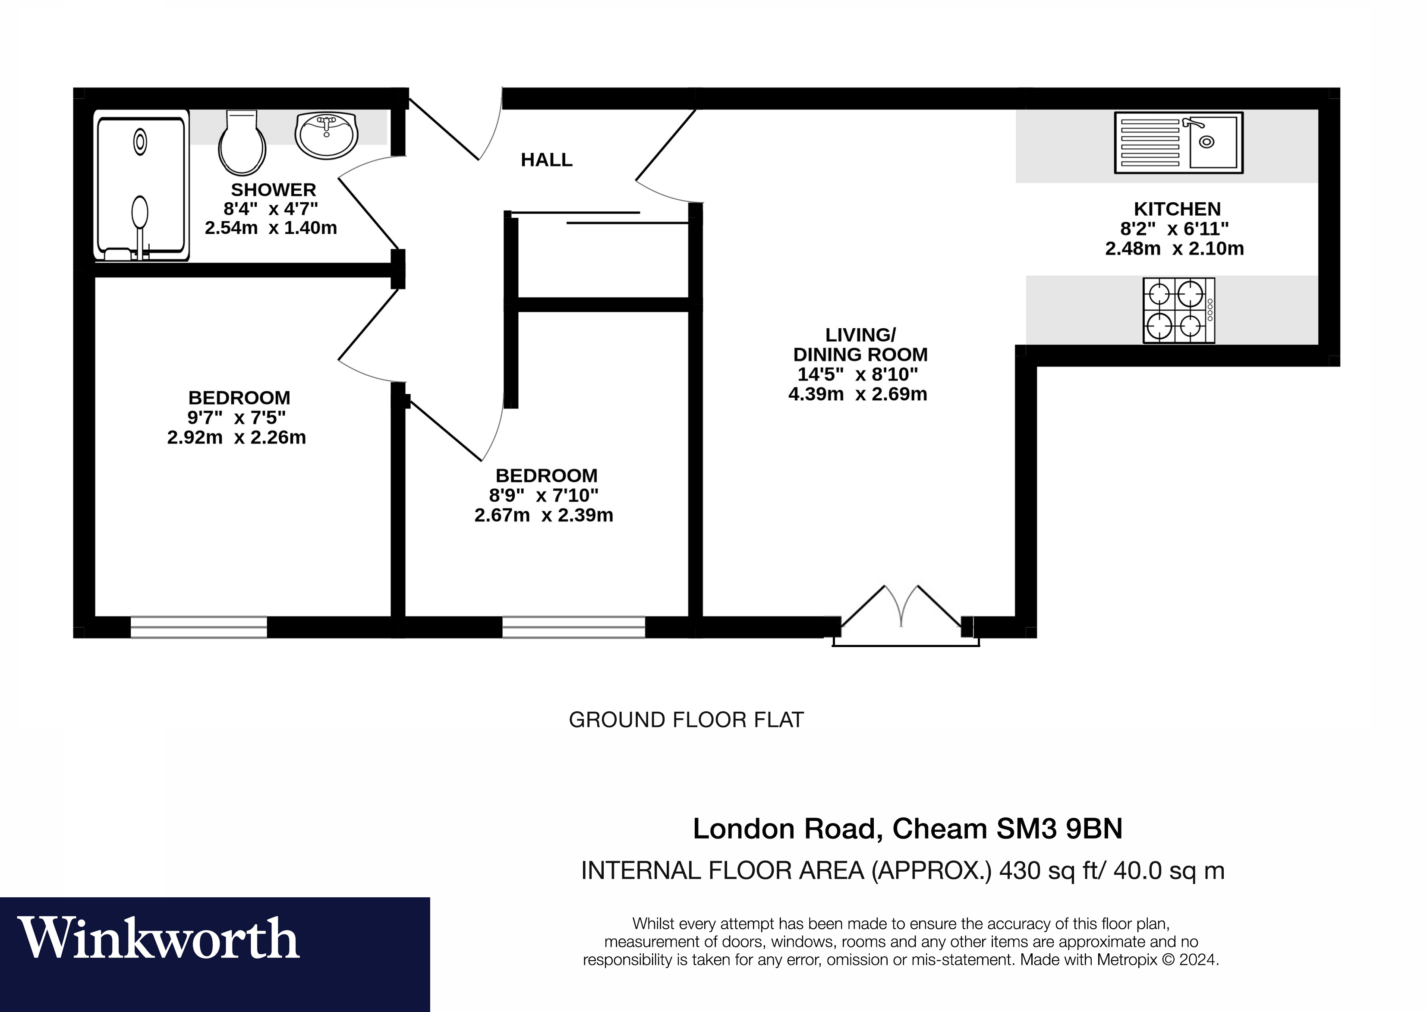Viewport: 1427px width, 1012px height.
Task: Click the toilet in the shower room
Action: click(x=242, y=145)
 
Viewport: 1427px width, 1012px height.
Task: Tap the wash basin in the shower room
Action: click(x=326, y=135)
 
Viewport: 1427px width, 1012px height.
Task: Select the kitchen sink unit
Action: click(x=1178, y=143)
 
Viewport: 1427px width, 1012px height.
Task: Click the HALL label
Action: click(x=546, y=160)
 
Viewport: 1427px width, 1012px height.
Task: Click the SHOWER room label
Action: click(x=273, y=189)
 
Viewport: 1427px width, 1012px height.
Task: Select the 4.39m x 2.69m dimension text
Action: click(x=857, y=394)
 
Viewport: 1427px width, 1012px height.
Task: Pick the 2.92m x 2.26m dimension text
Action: click(x=236, y=437)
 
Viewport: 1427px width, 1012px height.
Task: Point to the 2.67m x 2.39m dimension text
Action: click(x=544, y=515)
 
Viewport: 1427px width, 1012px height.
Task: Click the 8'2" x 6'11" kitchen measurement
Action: click(x=1175, y=229)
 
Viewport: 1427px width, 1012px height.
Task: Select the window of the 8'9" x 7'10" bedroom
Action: click(x=573, y=627)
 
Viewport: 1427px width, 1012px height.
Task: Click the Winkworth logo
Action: click(x=159, y=939)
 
